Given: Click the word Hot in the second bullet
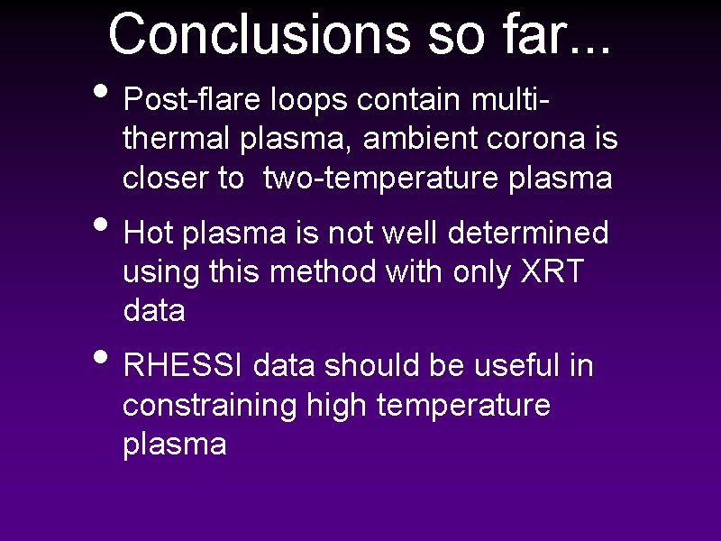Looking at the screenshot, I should coord(150,233).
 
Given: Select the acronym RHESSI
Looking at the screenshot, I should coord(185,366).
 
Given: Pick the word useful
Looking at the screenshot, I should coord(517,366).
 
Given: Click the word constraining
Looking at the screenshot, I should coord(209,406).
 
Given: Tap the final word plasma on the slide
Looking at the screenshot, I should coord(174,445).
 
